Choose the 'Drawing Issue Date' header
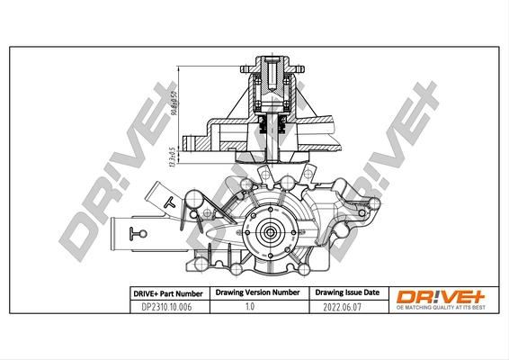347,293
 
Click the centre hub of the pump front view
269,231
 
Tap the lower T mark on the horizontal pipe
137,235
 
